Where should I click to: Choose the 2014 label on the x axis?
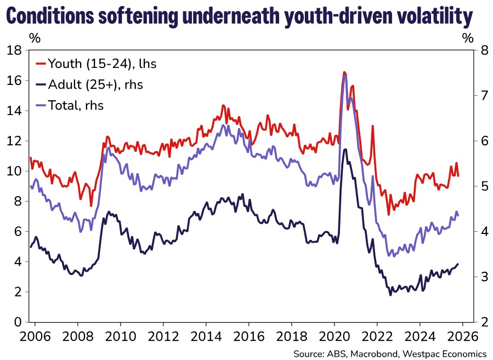point(206,335)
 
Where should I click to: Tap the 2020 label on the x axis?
point(335,335)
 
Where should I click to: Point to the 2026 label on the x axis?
point(461,335)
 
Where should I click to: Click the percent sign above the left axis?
point(35,38)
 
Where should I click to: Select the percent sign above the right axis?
point(467,38)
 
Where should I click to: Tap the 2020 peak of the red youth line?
point(344,72)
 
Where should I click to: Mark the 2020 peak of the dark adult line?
point(345,149)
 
